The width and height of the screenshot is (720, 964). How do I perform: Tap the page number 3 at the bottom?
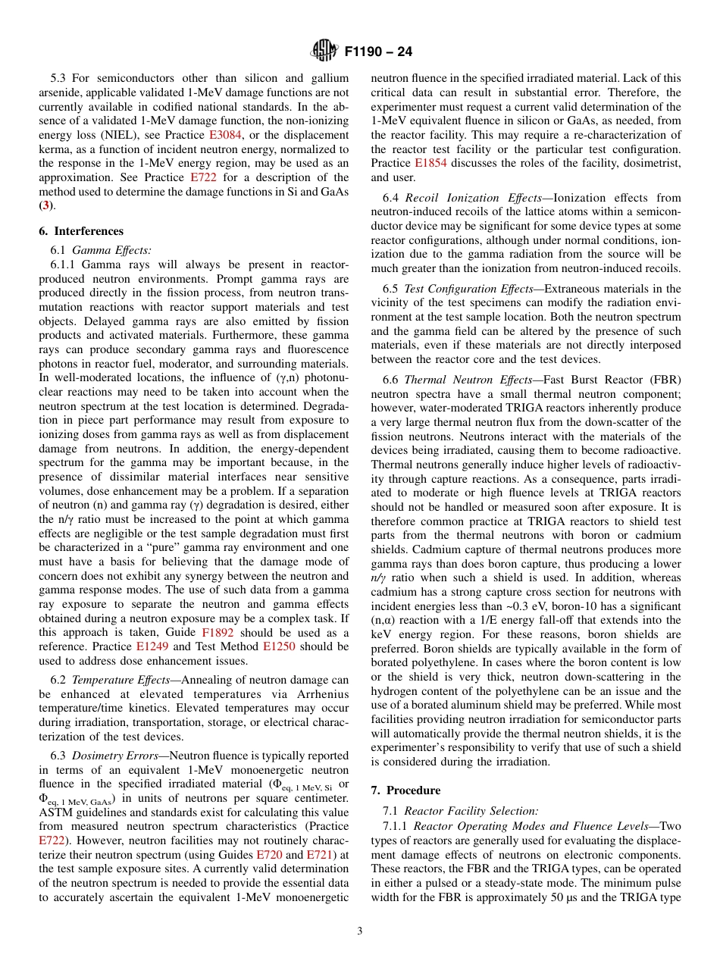360,931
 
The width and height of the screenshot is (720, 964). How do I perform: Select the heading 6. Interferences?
81,231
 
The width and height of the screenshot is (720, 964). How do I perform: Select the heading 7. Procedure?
405,790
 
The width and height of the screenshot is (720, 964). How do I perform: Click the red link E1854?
430,162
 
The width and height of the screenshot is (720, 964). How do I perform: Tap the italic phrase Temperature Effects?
120,680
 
